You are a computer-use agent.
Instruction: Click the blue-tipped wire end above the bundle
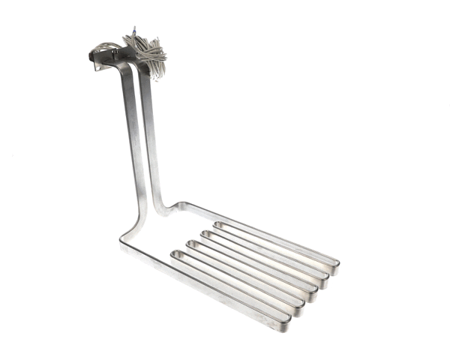coord(133,29)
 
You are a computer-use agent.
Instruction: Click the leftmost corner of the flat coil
coord(122,241)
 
